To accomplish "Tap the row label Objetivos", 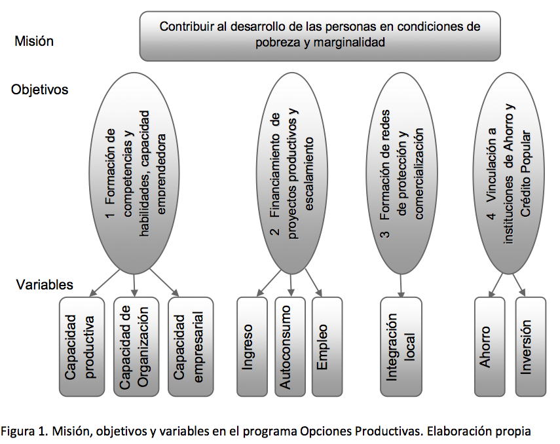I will pyautogui.click(x=39, y=89).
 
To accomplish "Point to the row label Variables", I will pyautogui.click(x=45, y=285).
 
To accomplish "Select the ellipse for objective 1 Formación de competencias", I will pyautogui.click(x=135, y=174).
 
